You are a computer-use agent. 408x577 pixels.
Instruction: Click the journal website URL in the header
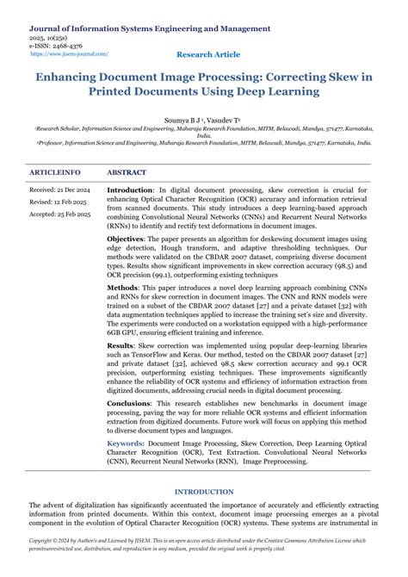[x=70, y=53]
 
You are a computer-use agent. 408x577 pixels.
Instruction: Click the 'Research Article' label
[x=208, y=54]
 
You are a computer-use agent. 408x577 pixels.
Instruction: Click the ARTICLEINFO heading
[x=56, y=172]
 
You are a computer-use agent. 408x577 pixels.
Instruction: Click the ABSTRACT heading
[x=127, y=172]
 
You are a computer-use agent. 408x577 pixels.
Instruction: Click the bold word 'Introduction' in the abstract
[x=129, y=189]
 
